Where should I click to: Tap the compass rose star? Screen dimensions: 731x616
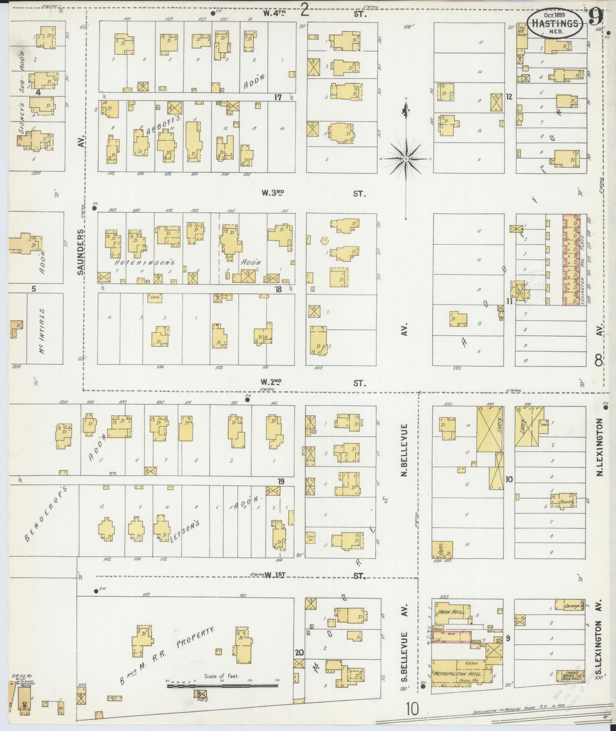coord(406,158)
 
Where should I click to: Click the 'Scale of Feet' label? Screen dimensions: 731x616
coord(222,676)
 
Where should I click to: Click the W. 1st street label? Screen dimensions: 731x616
coord(275,575)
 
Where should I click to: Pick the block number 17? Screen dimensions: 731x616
coord(278,97)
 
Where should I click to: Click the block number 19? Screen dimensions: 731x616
coord(281,482)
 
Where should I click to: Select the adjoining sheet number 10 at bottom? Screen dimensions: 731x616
coord(412,710)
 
